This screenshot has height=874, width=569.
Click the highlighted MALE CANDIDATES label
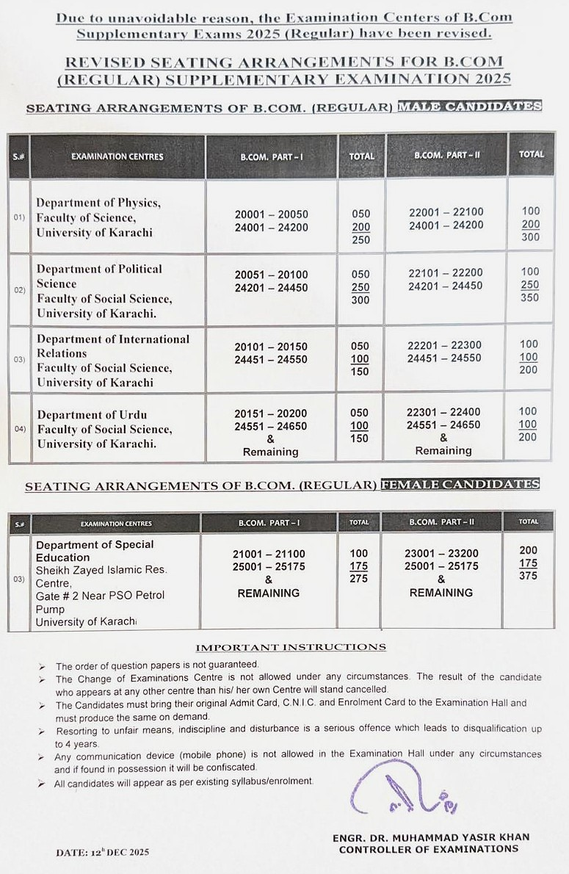(469, 106)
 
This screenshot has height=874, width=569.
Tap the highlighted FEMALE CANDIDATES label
(460, 485)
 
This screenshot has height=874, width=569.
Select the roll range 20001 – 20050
(272, 214)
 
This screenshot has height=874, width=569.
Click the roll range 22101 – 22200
(446, 272)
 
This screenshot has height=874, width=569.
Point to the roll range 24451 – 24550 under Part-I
(271, 359)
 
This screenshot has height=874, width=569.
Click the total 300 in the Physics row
(529, 237)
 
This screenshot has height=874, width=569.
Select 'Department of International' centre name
(113, 339)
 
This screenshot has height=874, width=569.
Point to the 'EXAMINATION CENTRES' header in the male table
(117, 156)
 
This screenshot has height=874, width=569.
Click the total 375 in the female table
(528, 576)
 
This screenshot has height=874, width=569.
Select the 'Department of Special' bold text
(95, 545)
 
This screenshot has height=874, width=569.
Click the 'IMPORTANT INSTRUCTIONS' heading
(291, 647)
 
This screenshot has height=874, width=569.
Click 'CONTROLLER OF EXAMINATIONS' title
(428, 849)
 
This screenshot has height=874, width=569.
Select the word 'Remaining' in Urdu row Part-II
(443, 451)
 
